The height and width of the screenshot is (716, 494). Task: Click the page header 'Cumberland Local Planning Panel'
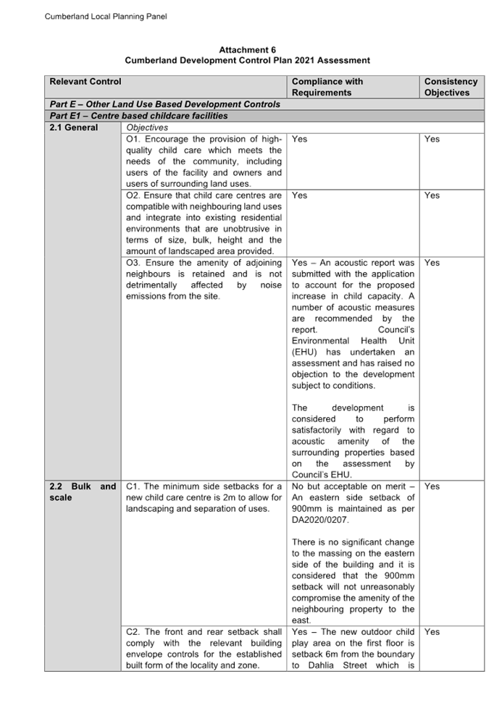point(106,17)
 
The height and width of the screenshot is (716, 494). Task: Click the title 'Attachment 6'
point(247,50)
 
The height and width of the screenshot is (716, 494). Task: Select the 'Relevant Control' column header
point(85,81)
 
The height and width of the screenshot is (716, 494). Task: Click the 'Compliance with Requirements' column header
point(327,87)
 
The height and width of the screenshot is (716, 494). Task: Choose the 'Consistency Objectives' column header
point(451,87)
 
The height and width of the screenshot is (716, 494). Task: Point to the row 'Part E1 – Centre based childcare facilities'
point(138,116)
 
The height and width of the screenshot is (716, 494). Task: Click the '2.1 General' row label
point(74,127)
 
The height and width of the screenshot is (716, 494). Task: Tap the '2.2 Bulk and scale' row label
point(83,492)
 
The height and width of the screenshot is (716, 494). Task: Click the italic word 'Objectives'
point(147,127)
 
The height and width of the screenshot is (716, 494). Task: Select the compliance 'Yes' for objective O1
point(299,139)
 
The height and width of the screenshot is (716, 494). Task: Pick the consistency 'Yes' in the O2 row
point(432,195)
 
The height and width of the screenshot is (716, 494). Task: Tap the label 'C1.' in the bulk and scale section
point(133,487)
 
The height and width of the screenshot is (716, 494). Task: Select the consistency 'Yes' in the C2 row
point(432,631)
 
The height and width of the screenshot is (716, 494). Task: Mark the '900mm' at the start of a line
point(307,509)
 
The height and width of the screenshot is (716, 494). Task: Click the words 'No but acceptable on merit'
point(348,487)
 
